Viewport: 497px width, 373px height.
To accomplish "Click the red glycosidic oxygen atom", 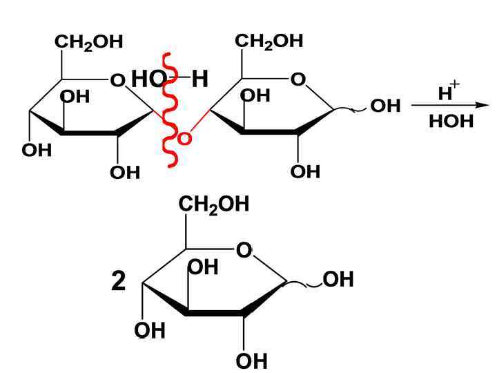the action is (184, 140).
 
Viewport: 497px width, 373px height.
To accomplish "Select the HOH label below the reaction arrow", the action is (451, 122).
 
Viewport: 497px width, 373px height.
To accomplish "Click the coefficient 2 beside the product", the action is (119, 281).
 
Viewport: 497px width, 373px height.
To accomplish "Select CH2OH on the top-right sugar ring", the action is (269, 41).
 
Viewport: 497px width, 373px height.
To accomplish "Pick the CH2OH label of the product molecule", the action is (214, 204).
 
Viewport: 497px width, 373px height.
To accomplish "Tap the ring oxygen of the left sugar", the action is (118, 81).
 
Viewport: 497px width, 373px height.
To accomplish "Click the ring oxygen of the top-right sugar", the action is (298, 80).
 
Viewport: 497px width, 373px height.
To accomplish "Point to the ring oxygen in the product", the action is (244, 250).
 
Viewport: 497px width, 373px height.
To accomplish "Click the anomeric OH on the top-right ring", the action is (385, 106).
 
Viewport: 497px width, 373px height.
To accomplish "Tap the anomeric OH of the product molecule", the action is (338, 280).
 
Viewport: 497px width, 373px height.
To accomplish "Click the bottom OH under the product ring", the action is (251, 361).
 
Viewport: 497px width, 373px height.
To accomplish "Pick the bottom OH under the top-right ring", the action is (305, 171).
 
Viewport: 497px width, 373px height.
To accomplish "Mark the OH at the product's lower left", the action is (150, 331).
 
